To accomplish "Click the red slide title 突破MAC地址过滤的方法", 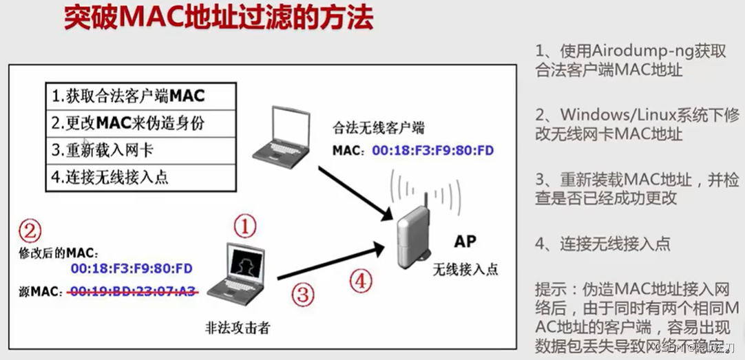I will [219, 19].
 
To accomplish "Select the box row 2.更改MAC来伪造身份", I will [129, 123].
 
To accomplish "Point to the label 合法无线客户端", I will [379, 128].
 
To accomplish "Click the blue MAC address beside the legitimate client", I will [433, 150].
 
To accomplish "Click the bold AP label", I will [465, 242].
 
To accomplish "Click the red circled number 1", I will [246, 226].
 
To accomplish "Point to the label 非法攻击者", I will [237, 328].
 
